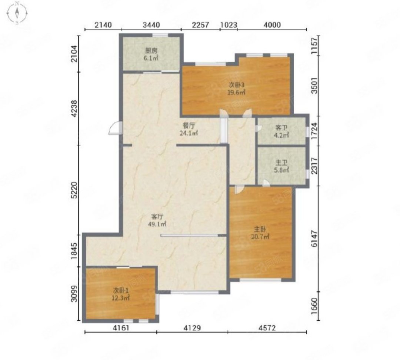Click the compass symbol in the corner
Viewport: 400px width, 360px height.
(17, 13)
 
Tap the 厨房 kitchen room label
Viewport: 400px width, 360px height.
(151, 50)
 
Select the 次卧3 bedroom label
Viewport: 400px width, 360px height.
(236, 85)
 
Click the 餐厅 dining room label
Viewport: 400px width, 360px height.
(189, 126)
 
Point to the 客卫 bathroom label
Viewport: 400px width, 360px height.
(281, 127)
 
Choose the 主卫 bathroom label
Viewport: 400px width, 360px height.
(281, 162)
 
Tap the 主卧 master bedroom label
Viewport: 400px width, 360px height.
(260, 229)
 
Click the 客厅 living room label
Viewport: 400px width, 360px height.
(157, 217)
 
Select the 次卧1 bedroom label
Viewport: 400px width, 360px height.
(121, 290)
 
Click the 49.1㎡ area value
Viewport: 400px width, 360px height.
(157, 224)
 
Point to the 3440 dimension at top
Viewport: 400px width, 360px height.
(151, 25)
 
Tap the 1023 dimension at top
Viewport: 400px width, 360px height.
(229, 25)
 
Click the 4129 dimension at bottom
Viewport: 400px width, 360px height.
(192, 328)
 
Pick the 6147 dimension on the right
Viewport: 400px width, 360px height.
(315, 239)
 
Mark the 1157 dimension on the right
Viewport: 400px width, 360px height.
(315, 46)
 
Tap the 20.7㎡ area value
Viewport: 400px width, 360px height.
(260, 237)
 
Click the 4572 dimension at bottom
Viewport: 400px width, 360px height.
(267, 328)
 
